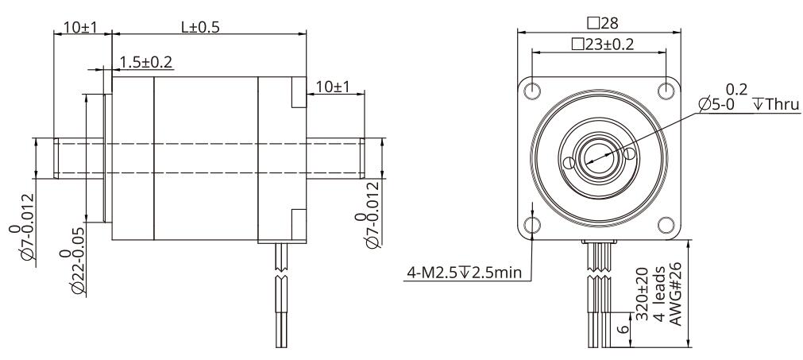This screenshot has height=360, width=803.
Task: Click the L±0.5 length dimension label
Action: pyautogui.click(x=200, y=27)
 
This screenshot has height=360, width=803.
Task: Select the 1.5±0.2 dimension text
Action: pyautogui.click(x=146, y=62)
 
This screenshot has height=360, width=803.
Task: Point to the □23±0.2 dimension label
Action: pyautogui.click(x=603, y=44)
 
